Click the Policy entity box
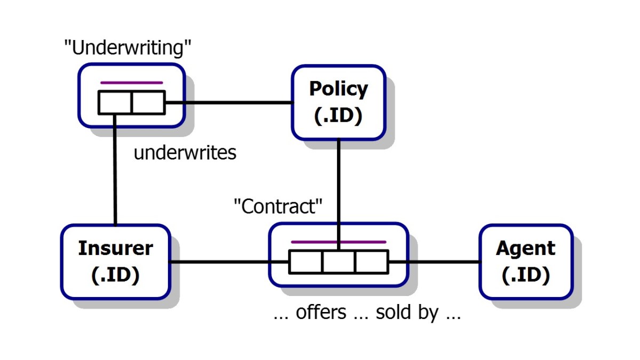(338, 102)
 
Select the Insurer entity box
(115, 261)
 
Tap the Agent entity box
(525, 261)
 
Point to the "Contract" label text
(279, 206)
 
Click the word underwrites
(185, 154)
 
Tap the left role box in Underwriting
(115, 102)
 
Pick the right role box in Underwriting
(148, 102)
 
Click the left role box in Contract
(306, 262)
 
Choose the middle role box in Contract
(338, 262)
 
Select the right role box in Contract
(371, 262)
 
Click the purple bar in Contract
(338, 242)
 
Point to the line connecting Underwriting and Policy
(228, 102)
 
